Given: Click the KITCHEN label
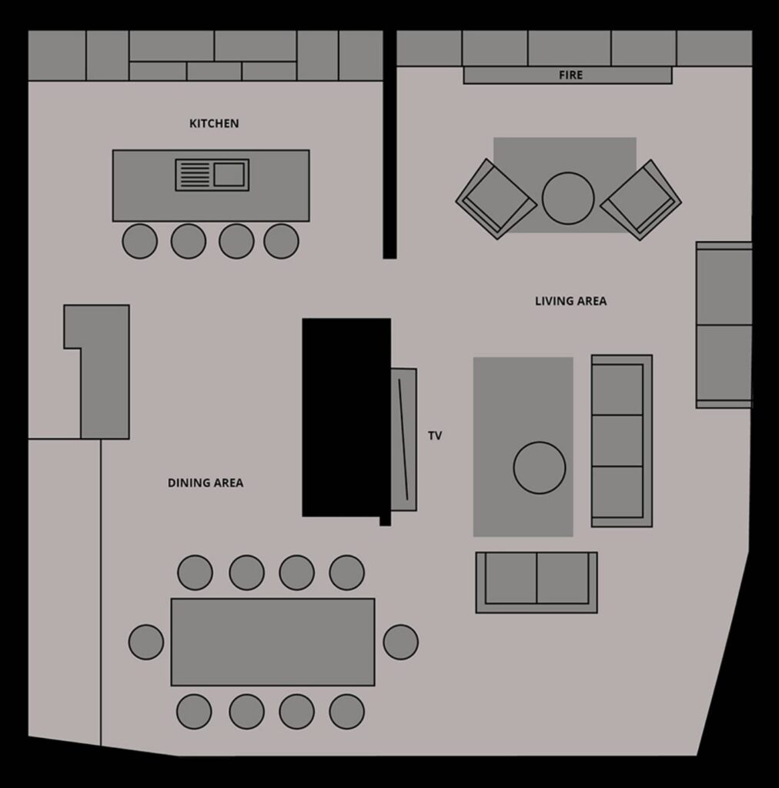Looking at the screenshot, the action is point(214,124).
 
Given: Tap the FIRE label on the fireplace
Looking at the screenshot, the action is point(571,75).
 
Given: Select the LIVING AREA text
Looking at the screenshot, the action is point(571,301).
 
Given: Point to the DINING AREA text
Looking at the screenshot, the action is point(206,483).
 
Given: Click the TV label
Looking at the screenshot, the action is point(435,436).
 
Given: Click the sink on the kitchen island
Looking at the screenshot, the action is point(212,175).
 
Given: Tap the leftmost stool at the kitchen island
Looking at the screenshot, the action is point(140,241).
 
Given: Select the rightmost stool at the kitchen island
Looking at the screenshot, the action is point(282,241).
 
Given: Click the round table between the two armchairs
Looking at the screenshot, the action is point(568,198).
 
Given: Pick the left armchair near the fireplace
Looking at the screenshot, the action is point(496,199).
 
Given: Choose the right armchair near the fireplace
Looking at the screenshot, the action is point(640,200).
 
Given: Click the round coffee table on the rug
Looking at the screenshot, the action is point(540,468).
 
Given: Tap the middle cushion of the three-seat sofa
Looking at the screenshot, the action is point(617,441).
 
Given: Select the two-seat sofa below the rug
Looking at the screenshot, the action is point(537,583).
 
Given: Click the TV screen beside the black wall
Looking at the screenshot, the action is point(404,439).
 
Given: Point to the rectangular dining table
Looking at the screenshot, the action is point(273,642).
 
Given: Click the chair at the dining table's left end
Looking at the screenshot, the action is point(146,643).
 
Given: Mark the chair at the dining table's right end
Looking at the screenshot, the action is point(400,643).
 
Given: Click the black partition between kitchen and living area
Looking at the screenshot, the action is point(389,145).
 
